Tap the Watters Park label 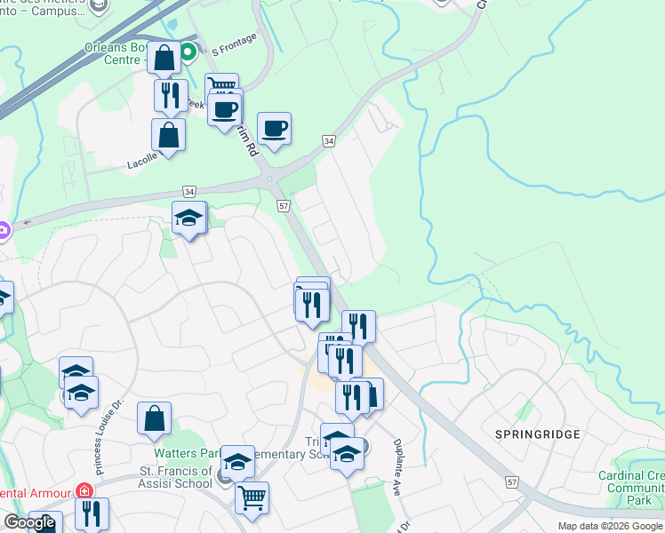(174, 453)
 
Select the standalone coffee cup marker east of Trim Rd (275, 129)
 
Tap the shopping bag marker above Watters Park (155, 419)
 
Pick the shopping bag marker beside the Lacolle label (168, 137)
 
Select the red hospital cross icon (84, 491)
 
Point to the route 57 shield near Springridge (511, 481)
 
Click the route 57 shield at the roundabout (284, 205)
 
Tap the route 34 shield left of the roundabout (188, 190)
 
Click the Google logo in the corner (29, 523)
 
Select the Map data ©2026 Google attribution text (609, 526)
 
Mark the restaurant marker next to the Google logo (92, 513)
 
